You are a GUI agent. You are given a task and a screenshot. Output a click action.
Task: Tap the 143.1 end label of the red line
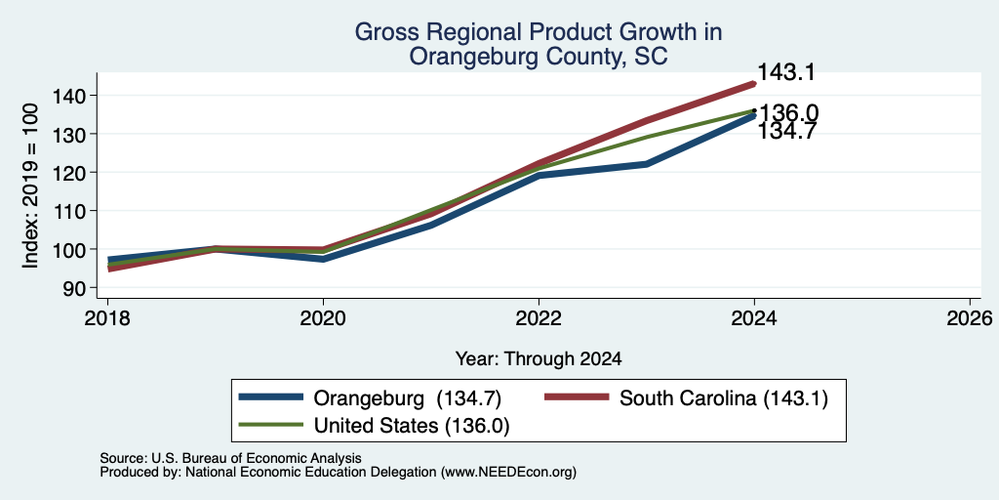(785, 72)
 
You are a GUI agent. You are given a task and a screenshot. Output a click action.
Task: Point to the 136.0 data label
(788, 113)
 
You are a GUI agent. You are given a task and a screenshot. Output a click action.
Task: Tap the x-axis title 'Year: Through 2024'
(539, 359)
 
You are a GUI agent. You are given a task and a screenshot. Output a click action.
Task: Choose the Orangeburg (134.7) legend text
(408, 398)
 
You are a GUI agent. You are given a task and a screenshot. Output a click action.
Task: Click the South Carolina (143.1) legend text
(723, 398)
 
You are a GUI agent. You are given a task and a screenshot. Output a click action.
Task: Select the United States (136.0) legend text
(412, 426)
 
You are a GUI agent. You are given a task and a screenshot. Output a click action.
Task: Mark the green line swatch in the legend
(271, 425)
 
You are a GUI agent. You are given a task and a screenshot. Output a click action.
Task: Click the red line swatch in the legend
(576, 398)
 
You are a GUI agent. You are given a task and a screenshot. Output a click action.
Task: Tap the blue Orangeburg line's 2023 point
(646, 164)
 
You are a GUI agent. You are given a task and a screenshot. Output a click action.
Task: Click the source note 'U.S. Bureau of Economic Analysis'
(257, 458)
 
